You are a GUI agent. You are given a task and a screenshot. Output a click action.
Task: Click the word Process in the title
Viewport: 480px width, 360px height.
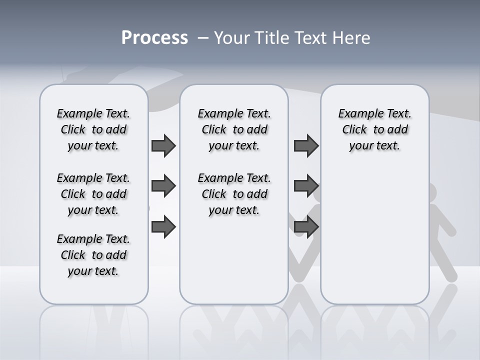click(154, 38)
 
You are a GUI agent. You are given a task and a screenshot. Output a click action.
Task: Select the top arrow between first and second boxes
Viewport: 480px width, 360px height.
click(163, 146)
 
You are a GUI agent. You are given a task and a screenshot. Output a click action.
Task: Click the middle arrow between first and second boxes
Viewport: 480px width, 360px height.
click(163, 186)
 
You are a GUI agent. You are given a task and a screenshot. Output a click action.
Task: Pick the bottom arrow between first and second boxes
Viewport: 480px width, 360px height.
click(163, 227)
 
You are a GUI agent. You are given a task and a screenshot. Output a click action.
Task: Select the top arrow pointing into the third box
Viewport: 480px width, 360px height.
click(306, 146)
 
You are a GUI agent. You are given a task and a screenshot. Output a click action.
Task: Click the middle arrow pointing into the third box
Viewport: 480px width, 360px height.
click(306, 186)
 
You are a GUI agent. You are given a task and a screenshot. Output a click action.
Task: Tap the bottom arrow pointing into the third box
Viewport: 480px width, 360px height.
click(306, 227)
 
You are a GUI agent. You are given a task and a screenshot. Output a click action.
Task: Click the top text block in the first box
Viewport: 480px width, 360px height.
click(93, 129)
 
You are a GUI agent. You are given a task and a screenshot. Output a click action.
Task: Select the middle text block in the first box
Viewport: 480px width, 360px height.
click(93, 194)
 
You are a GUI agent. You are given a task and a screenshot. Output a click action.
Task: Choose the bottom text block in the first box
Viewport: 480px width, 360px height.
click(93, 255)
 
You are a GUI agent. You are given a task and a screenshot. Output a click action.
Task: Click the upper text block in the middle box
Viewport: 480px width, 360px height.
click(234, 129)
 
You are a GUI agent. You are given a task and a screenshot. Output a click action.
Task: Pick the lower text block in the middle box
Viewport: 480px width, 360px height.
click(234, 194)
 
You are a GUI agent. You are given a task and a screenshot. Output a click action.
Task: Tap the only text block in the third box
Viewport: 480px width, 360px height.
click(374, 129)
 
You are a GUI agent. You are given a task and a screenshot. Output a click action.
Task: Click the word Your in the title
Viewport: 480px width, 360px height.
click(231, 38)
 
